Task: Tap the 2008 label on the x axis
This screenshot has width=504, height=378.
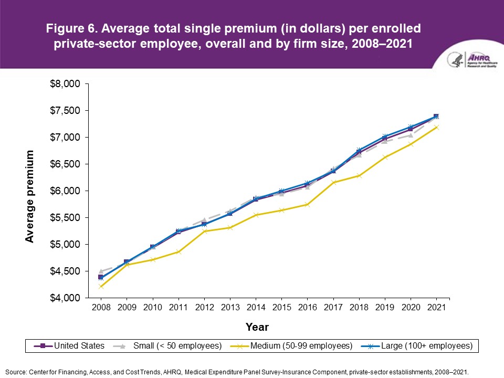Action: [x=101, y=308]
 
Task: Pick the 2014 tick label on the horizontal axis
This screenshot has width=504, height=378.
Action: [x=255, y=308]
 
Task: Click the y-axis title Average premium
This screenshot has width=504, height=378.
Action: [x=30, y=196]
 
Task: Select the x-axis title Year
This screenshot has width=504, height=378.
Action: [x=257, y=327]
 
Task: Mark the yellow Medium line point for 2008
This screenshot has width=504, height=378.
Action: [x=101, y=287]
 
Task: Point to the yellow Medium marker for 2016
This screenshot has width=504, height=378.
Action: [x=307, y=204]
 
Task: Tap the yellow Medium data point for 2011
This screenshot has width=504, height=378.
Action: [x=178, y=252]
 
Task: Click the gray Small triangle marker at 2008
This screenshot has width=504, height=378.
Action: [x=101, y=271]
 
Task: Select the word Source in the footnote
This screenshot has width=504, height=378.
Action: [x=16, y=371]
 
